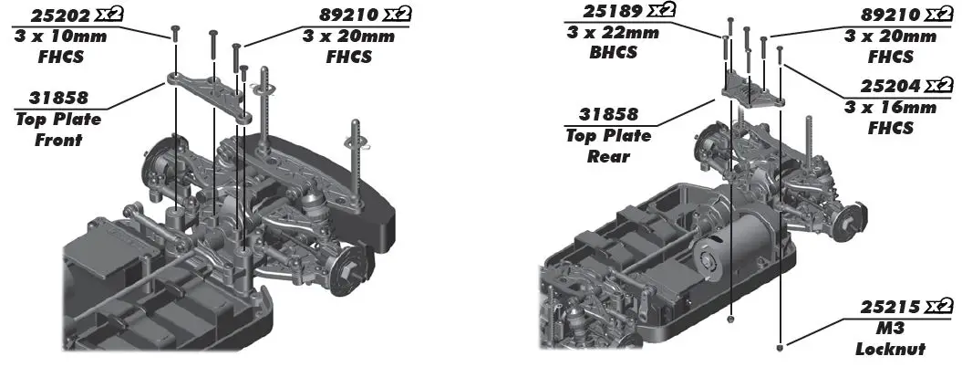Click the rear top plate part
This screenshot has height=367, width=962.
pyautogui.click(x=753, y=90)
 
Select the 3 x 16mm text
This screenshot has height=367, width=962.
pyautogui.click(x=892, y=108)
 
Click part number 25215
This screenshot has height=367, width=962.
pyautogui.click(x=892, y=307)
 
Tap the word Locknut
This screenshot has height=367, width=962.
pyautogui.click(x=890, y=349)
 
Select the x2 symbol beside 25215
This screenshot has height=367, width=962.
pyautogui.click(x=937, y=307)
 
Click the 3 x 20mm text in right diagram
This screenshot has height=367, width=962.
pyautogui.click(x=890, y=37)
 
